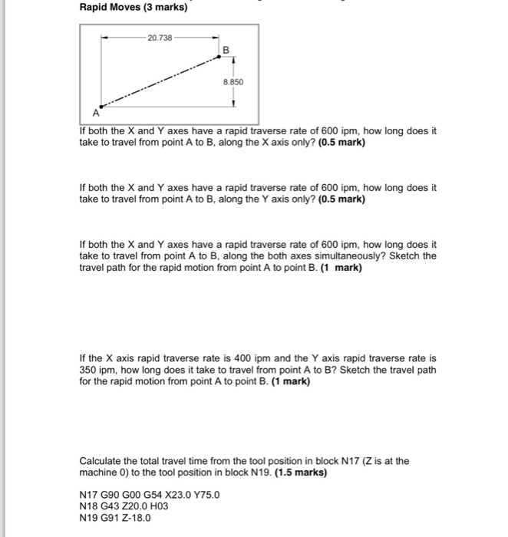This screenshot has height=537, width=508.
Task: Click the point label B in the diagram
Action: (226, 49)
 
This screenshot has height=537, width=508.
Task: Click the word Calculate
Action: (101, 461)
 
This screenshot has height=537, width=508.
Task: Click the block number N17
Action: (90, 495)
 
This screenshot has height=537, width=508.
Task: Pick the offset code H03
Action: (170, 506)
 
